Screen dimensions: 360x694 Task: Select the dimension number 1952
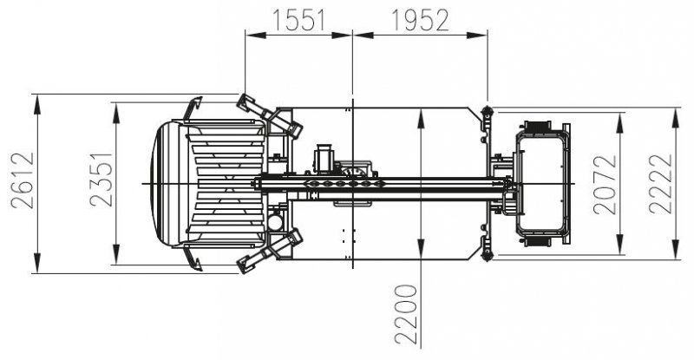tap(420, 20)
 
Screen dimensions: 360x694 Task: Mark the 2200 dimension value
tap(407, 312)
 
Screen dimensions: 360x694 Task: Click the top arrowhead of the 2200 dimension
tap(421, 114)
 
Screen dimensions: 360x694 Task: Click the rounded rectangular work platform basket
tap(543, 183)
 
